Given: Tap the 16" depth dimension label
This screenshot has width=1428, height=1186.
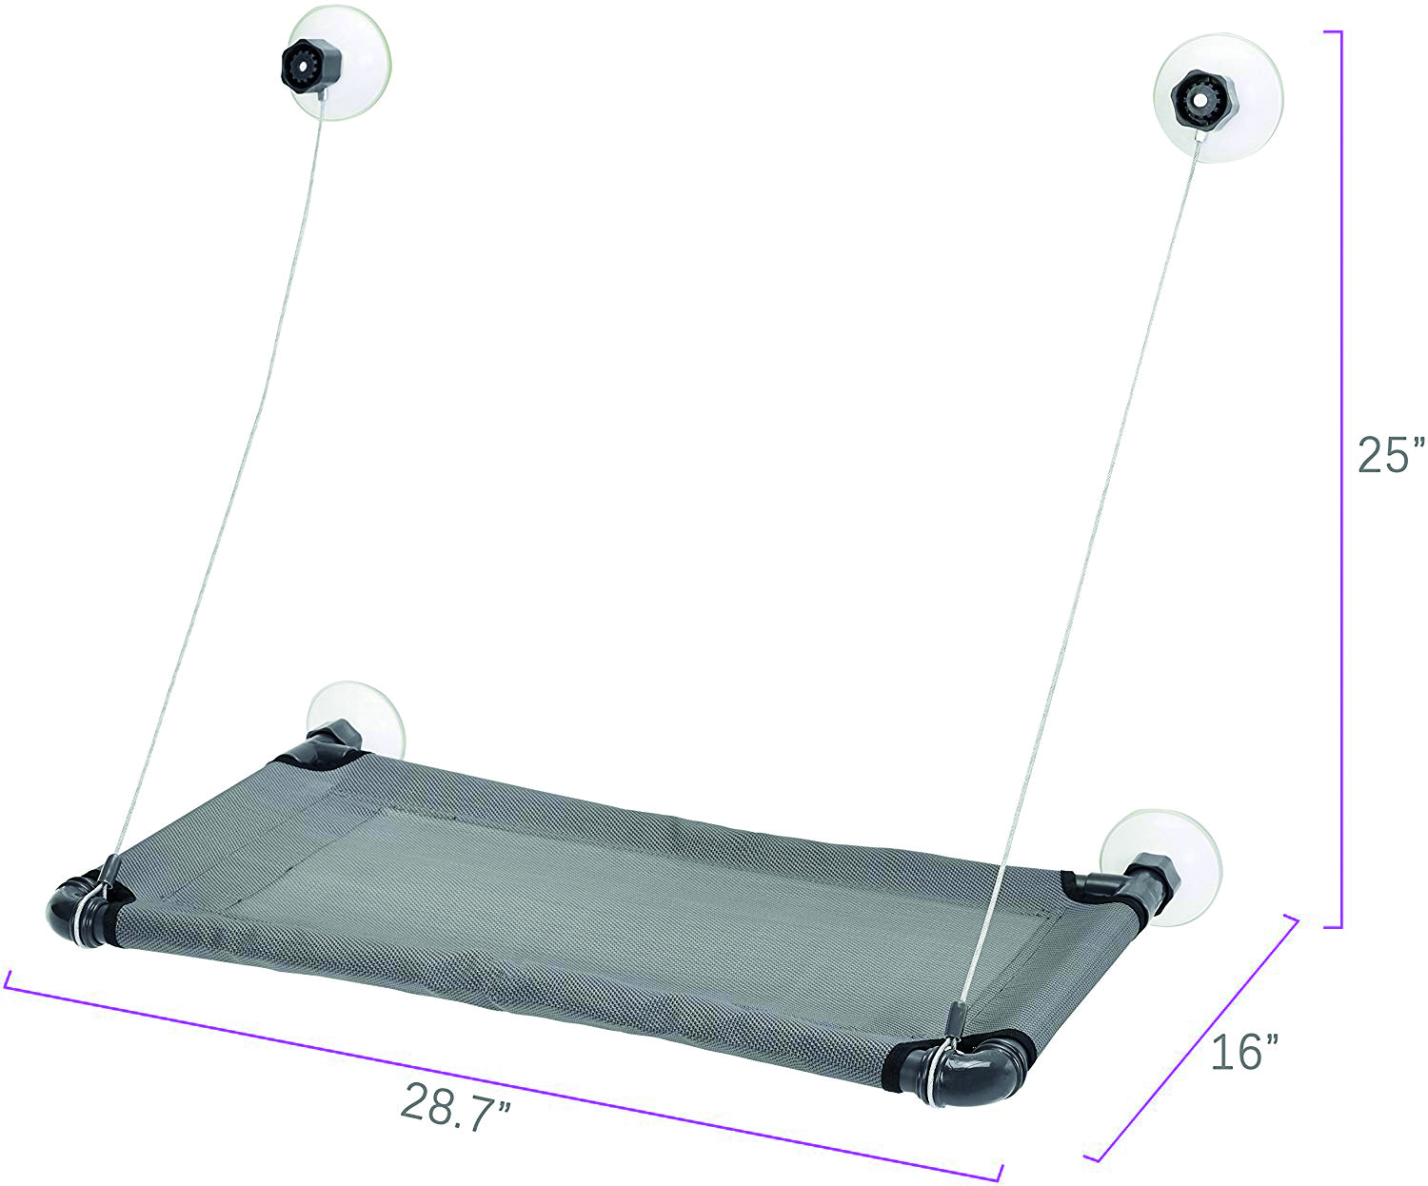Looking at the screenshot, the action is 1245,1051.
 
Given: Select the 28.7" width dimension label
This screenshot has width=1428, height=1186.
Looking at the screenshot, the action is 455,1105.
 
